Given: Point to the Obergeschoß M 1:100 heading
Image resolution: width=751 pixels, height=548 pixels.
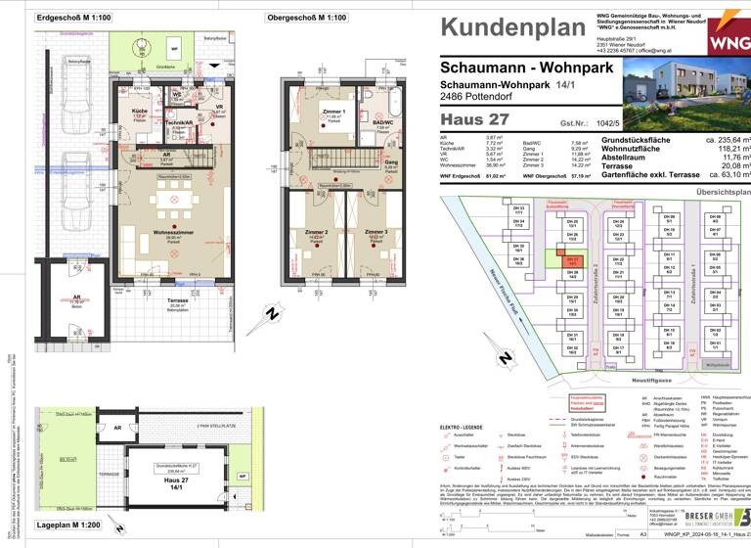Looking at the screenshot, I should pos(306,18).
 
